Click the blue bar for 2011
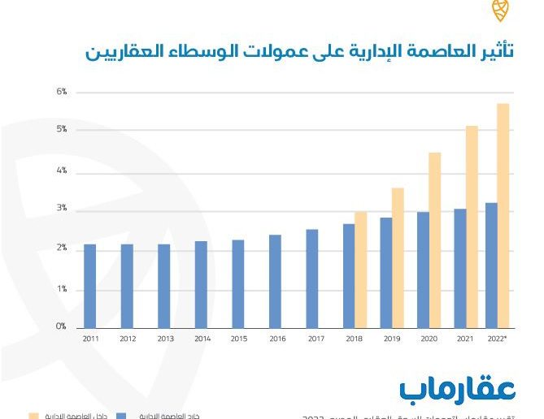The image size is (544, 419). click(89, 286)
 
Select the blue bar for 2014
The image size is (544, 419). click(201, 284)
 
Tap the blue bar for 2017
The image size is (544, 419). click(312, 279)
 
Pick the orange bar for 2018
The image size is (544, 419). click(361, 270)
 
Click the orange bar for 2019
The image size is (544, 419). click(398, 257)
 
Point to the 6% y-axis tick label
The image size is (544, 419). click(61, 92)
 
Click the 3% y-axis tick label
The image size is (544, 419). click(61, 209)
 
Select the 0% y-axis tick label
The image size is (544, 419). click(61, 326)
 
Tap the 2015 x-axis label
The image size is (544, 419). click(238, 339)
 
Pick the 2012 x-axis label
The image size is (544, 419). click(127, 339)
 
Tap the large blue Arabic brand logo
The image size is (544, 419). click(458, 387)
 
